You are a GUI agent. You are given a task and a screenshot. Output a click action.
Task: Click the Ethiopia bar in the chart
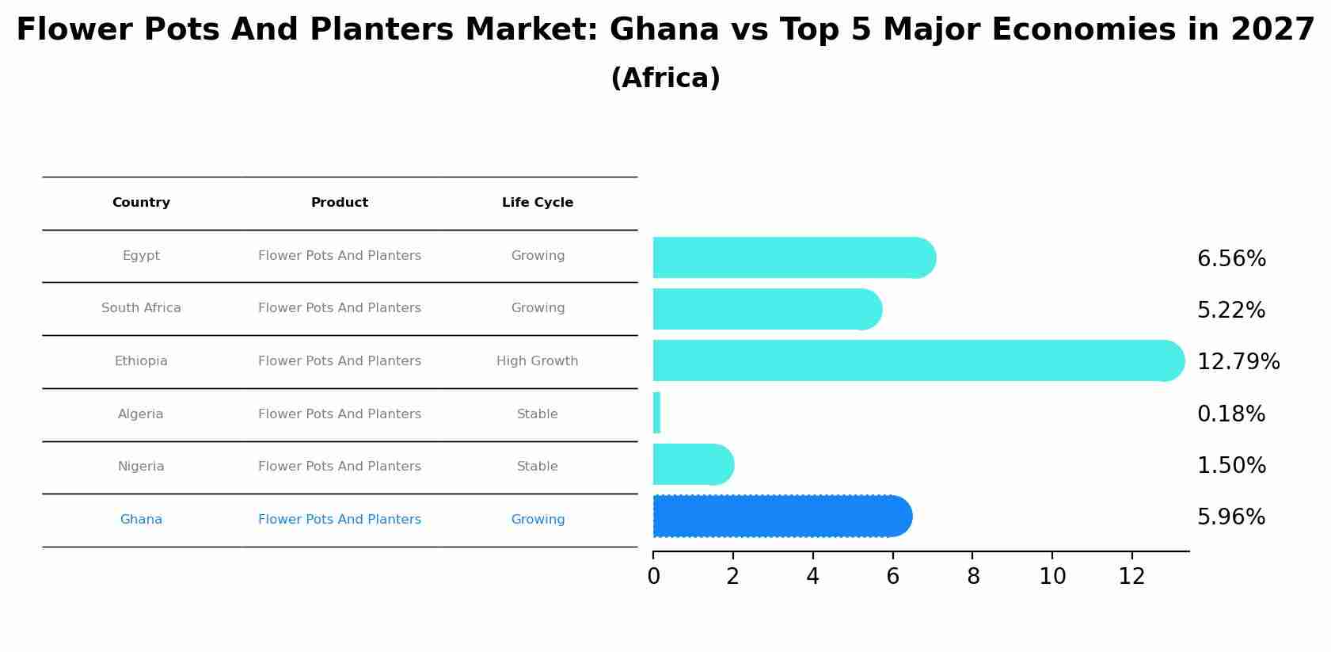(x=911, y=360)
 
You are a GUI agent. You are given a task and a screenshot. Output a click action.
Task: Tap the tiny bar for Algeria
(x=656, y=414)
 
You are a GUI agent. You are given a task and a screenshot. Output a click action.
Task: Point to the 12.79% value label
(x=1238, y=362)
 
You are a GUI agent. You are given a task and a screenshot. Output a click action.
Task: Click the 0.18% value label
(x=1230, y=414)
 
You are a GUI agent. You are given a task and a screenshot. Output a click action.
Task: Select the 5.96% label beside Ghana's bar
(x=1230, y=517)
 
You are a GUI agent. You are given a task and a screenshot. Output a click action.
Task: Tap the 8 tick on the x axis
(x=973, y=577)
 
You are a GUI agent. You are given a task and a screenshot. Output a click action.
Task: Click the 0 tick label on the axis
(x=653, y=577)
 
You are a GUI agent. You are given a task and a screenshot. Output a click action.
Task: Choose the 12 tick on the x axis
(x=1131, y=577)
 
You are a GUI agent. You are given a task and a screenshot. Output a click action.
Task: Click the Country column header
(x=141, y=203)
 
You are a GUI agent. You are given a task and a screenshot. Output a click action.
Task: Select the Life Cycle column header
(x=537, y=203)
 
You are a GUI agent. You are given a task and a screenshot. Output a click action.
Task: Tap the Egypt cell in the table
(x=141, y=256)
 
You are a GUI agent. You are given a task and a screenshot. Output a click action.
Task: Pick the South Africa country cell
(x=141, y=308)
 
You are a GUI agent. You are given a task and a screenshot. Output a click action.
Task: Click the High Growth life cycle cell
(x=537, y=361)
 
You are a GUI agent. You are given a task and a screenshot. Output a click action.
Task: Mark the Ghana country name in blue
(x=141, y=520)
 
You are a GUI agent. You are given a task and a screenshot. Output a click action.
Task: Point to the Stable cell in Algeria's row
(x=537, y=414)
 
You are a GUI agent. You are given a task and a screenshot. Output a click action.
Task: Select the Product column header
(x=339, y=203)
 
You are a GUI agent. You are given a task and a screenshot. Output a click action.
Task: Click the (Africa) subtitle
(x=665, y=78)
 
